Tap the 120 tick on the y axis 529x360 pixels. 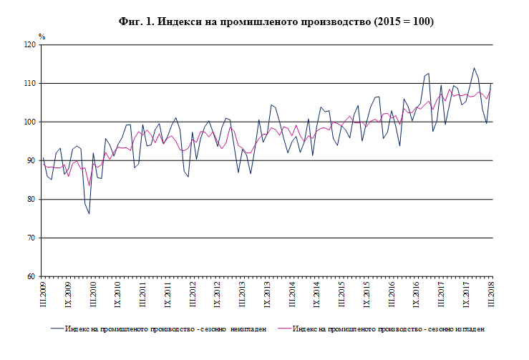pos(30,45)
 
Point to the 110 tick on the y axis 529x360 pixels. pos(30,84)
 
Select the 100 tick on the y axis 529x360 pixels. pos(30,122)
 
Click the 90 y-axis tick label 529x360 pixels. pos(31,161)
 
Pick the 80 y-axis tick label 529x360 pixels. pos(31,200)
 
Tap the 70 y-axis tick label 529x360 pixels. pos(31,238)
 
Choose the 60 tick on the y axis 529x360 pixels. pos(31,277)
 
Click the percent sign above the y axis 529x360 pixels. pos(42,36)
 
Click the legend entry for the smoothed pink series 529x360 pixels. pos(389,329)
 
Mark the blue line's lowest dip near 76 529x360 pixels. pos(89,213)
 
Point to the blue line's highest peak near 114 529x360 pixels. pos(474,69)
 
